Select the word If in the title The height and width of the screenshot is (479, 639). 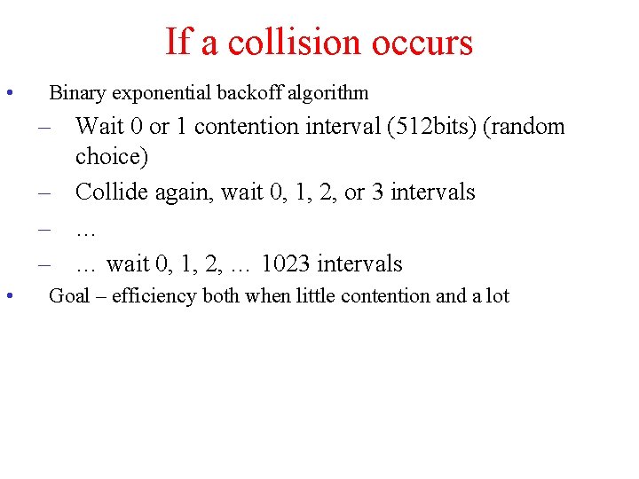point(178,42)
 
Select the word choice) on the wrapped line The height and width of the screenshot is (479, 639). point(112,157)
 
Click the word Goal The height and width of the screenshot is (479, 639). point(68,295)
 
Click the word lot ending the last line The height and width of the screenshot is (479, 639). point(498,295)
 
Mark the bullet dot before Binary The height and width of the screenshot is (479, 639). point(8,92)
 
